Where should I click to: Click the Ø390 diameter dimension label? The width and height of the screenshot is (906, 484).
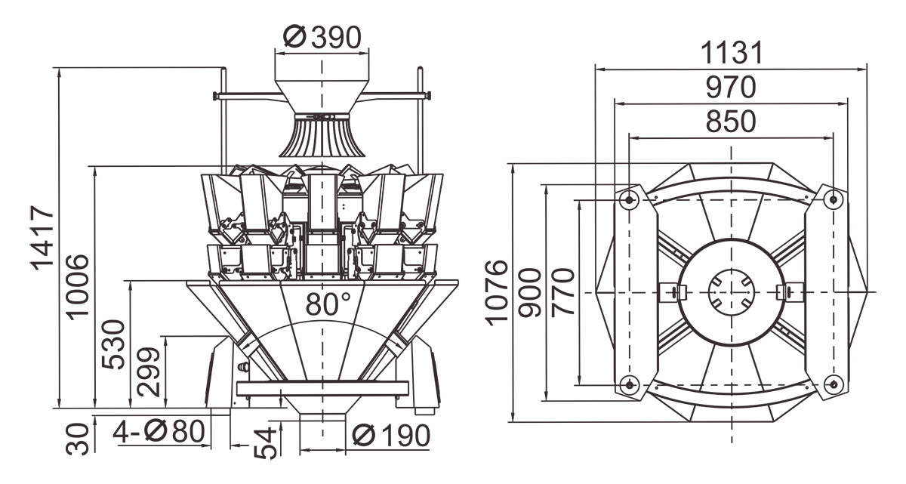point(322,36)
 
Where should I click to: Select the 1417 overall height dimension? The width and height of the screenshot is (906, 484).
point(43,237)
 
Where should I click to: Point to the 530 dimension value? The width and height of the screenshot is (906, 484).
point(113,344)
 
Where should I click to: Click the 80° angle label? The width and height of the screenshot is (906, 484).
point(328,304)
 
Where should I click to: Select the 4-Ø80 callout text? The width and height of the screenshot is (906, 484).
point(159,433)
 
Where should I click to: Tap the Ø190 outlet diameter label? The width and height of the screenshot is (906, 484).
point(391,436)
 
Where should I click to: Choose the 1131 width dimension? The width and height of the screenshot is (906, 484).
point(731,54)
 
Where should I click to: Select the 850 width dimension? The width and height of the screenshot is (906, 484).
point(730,122)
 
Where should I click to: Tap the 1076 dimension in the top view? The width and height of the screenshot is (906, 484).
point(498,291)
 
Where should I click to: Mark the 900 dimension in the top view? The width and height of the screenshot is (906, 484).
point(532,291)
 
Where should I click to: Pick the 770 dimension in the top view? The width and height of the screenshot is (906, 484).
point(564,291)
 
